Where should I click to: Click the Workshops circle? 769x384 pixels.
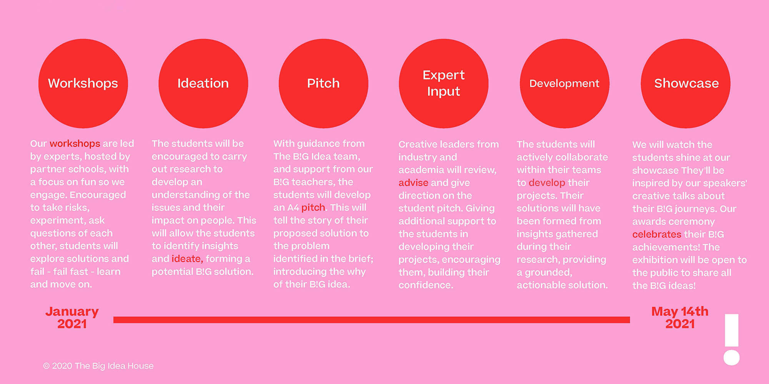click(x=83, y=83)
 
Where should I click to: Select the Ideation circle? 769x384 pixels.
click(x=203, y=83)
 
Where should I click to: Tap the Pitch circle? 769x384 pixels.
click(x=323, y=83)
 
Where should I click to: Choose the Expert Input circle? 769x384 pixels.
click(x=444, y=83)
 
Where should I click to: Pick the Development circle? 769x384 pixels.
click(x=564, y=83)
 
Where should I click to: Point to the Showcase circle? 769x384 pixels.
click(x=686, y=83)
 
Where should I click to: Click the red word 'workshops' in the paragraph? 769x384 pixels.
click(x=75, y=144)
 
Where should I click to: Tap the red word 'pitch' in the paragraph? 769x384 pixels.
click(x=313, y=208)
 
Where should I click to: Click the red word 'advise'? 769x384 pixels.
click(x=413, y=183)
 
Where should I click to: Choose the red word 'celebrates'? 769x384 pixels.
click(x=657, y=234)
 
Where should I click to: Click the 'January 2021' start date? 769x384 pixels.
click(x=72, y=318)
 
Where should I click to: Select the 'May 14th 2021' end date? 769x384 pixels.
click(x=680, y=318)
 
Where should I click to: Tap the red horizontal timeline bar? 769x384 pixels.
click(x=371, y=320)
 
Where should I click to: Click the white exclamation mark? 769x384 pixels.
click(x=732, y=339)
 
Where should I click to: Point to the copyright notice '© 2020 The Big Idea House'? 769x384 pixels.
click(x=98, y=366)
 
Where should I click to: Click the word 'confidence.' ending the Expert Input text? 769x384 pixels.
click(x=426, y=285)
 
